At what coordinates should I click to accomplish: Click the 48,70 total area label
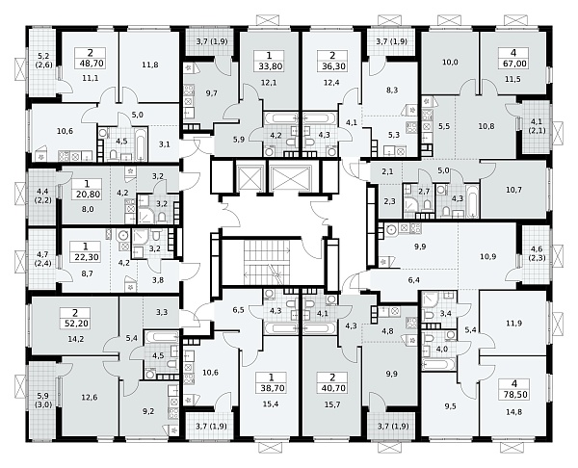click(90, 64)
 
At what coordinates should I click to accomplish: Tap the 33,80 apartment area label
click(269, 66)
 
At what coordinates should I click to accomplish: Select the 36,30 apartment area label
click(332, 66)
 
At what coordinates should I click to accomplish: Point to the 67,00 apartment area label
click(513, 64)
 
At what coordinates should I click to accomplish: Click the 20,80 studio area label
click(88, 194)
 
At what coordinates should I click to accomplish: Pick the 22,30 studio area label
click(88, 257)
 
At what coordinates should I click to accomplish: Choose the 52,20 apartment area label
click(75, 324)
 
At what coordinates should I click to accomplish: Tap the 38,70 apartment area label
click(271, 388)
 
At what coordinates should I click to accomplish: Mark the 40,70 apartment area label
click(332, 388)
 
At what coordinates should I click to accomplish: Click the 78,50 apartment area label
click(514, 394)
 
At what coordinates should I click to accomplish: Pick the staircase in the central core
click(268, 262)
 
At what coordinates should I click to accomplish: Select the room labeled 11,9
click(513, 324)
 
